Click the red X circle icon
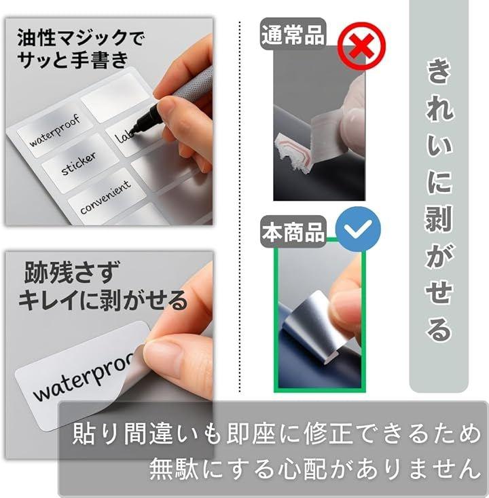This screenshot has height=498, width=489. (361, 46)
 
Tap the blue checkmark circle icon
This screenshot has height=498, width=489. (358, 229)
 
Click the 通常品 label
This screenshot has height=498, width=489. (293, 34)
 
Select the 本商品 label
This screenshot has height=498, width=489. (293, 232)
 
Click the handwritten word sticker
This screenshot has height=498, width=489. (79, 164)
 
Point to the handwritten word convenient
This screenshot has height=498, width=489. (105, 197)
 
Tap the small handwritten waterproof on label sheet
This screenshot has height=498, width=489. (55, 130)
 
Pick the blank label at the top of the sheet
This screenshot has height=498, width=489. (116, 96)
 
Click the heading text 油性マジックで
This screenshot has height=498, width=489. (81, 37)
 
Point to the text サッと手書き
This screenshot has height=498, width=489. (73, 60)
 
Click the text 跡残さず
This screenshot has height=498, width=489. (72, 272)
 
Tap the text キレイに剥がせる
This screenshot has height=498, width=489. (103, 300)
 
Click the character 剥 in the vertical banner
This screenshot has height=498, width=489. (439, 218)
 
